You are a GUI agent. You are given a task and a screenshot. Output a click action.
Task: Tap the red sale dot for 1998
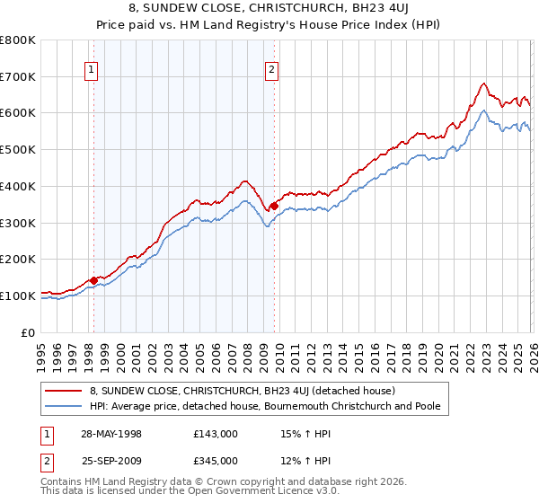[x=93, y=280]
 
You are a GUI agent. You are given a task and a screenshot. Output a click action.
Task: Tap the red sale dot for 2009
[x=274, y=206]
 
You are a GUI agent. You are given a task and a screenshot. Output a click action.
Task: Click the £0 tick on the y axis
[x=28, y=332]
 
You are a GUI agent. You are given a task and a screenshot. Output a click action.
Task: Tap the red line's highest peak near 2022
[x=483, y=84]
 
